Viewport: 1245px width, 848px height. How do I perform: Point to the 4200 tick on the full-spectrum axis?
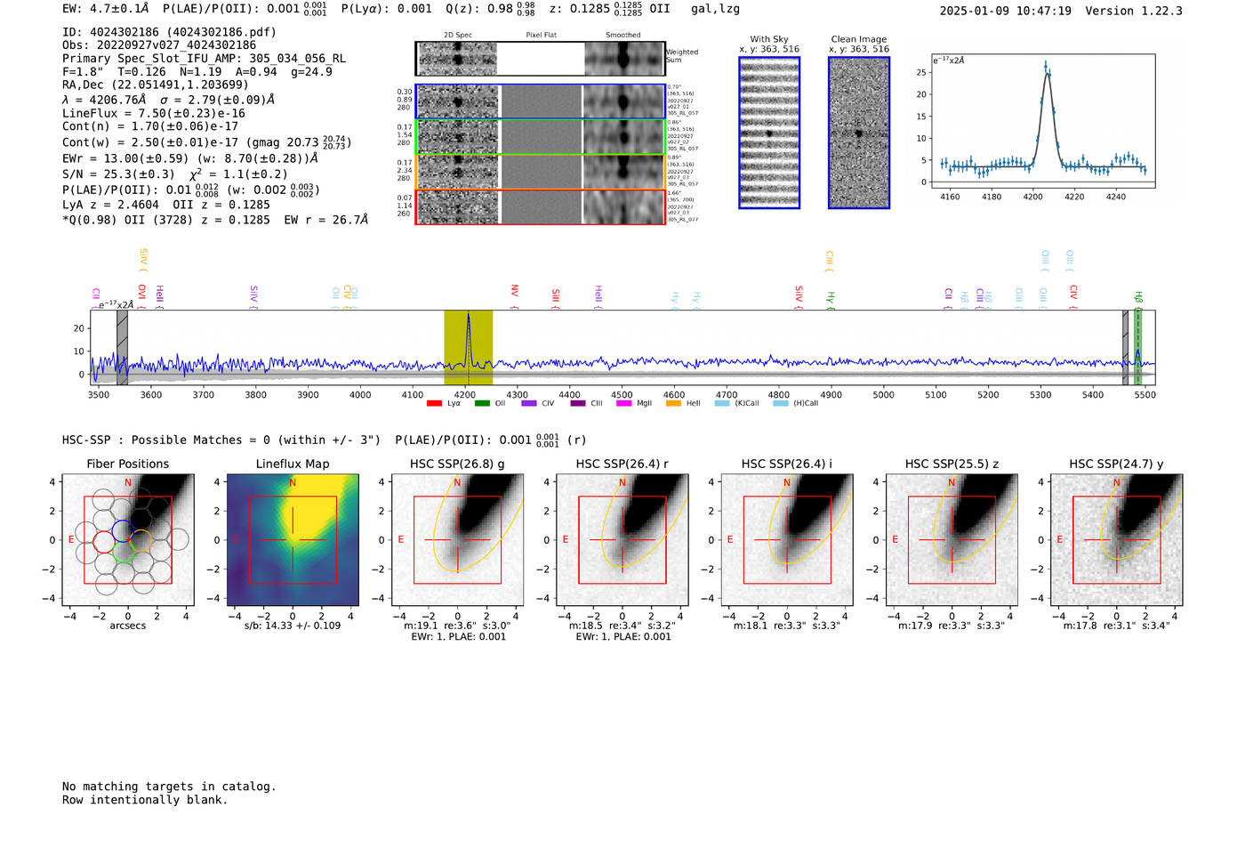(x=465, y=394)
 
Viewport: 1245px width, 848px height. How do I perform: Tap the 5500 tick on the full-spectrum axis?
(x=1145, y=394)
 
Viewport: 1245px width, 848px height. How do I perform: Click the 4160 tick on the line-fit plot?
(x=950, y=197)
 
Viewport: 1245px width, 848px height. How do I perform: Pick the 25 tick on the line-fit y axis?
(x=921, y=72)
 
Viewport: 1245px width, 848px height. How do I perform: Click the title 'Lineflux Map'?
(x=293, y=464)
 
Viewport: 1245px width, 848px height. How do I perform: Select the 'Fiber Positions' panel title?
(x=127, y=464)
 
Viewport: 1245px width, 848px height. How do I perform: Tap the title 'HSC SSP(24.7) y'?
(x=1116, y=464)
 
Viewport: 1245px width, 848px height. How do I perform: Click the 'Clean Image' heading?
(x=858, y=39)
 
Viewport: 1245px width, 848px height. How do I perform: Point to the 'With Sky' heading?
(x=768, y=39)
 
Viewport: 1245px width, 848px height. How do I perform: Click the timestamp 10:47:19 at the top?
(x=1041, y=12)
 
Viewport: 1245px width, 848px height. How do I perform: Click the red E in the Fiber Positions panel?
(x=72, y=540)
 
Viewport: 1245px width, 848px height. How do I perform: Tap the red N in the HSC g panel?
(x=457, y=483)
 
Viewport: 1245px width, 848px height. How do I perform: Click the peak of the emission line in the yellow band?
(x=468, y=314)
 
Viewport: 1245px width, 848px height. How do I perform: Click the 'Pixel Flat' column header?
(x=541, y=36)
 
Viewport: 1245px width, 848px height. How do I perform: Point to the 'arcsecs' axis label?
(x=127, y=626)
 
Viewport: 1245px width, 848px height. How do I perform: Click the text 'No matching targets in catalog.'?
(x=169, y=787)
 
